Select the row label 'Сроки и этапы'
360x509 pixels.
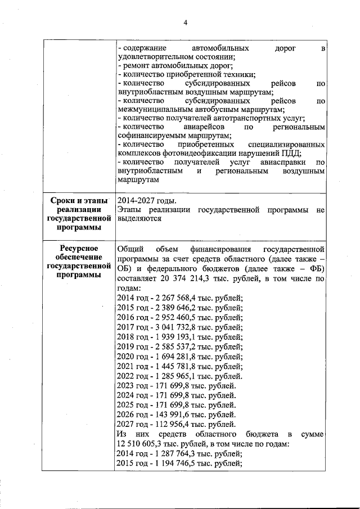(78, 201)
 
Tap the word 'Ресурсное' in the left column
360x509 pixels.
(78, 248)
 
